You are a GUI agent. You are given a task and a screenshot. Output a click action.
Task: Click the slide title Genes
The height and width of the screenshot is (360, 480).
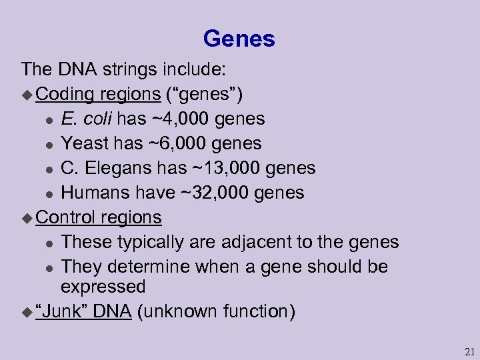[x=239, y=39]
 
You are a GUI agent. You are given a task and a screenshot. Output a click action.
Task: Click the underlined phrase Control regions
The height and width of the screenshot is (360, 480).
[x=99, y=217]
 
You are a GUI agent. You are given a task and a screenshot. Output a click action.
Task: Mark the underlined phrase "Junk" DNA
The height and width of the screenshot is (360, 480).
[x=84, y=311]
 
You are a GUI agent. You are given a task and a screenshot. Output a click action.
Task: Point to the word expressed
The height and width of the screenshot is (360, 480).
[x=103, y=287]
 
